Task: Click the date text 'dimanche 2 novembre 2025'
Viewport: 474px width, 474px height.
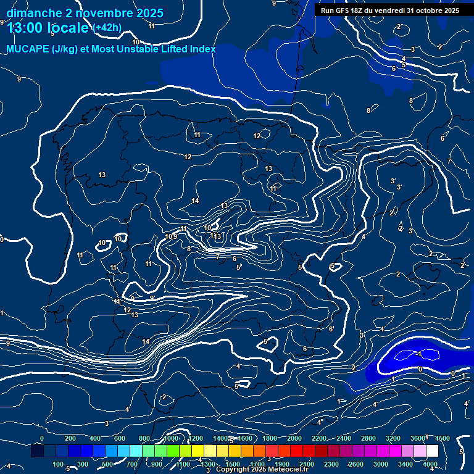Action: tap(85, 13)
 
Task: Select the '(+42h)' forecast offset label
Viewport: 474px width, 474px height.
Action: tap(107, 27)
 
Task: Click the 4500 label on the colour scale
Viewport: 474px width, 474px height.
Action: tap(443, 438)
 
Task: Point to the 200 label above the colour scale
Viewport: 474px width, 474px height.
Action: tap(70, 438)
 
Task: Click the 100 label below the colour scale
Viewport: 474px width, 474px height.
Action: tap(58, 464)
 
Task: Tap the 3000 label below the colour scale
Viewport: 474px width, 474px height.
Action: tap(381, 464)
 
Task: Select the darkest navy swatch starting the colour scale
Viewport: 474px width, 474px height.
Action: tap(37, 451)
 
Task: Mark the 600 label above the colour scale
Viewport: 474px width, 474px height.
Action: tap(120, 438)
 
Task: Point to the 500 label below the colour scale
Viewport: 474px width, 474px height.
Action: tap(107, 464)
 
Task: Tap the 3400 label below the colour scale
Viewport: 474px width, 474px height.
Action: tap(405, 464)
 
